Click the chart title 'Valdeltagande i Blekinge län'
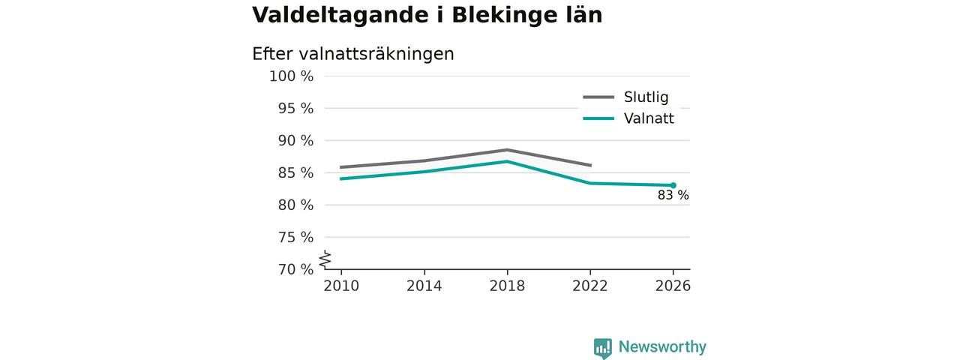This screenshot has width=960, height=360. (427, 16)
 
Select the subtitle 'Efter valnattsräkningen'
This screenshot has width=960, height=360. (353, 54)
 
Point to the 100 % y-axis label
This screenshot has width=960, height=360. (292, 76)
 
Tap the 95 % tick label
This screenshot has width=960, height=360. (295, 109)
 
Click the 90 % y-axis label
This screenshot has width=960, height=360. (295, 140)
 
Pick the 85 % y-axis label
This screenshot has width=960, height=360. (295, 172)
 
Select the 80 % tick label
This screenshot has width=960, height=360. (295, 205)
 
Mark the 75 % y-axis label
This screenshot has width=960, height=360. (295, 237)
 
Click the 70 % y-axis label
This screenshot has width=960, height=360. (295, 269)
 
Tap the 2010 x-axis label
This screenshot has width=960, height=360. (341, 286)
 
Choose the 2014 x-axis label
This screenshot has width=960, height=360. (424, 286)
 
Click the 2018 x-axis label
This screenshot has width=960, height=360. (507, 286)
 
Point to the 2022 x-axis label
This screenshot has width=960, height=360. (590, 286)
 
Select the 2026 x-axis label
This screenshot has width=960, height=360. (673, 286)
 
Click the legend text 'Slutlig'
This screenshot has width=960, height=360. (646, 97)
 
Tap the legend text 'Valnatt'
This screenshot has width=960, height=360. (649, 118)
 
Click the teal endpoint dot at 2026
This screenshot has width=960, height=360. (673, 185)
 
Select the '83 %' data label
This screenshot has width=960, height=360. (673, 196)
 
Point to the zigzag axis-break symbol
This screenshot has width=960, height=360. (325, 259)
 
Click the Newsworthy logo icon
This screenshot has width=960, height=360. (603, 348)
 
